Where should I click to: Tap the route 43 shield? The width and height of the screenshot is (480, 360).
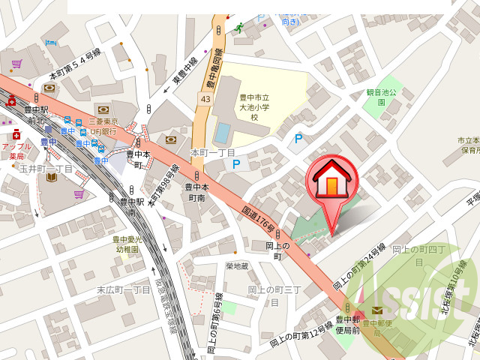(x=205, y=99)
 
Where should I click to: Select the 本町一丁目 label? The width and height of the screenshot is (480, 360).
(x=213, y=152)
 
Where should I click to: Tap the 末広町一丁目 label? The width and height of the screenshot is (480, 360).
(x=124, y=289)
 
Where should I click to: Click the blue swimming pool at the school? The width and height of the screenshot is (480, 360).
(x=223, y=132)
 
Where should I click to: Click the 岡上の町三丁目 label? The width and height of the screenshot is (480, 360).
(x=274, y=295)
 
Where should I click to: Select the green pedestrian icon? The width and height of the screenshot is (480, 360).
(x=238, y=28)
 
